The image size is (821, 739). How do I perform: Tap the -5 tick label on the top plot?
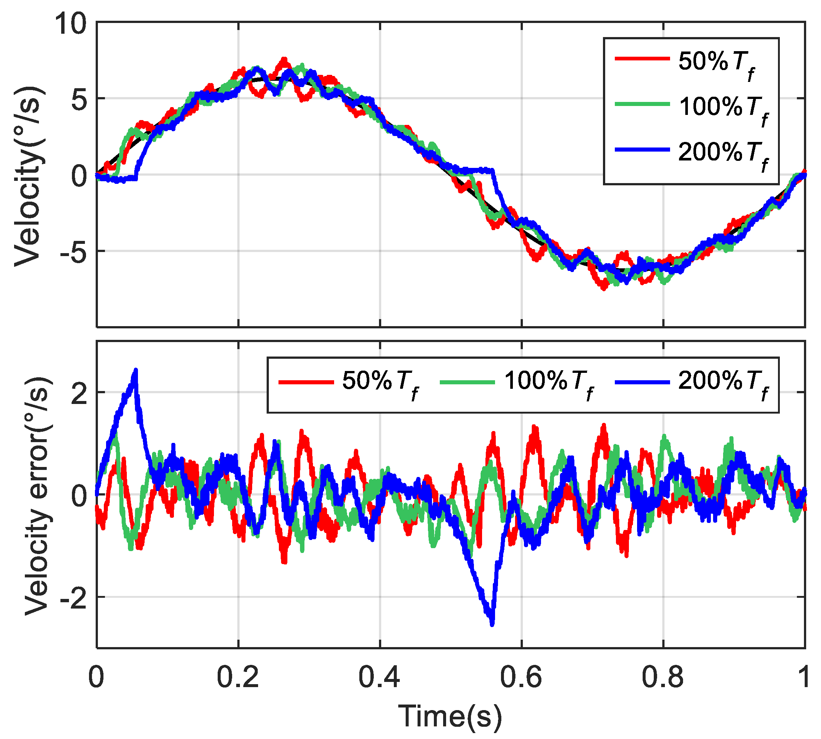click(73, 252)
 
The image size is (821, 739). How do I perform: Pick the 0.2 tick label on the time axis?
click(238, 677)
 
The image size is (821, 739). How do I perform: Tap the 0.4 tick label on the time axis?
click(379, 677)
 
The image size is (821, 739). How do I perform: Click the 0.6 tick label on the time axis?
click(521, 677)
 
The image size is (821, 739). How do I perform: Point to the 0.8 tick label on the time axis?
click(663, 677)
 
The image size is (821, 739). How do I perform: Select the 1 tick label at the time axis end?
click(804, 677)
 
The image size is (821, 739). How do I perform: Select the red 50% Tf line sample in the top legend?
click(642, 59)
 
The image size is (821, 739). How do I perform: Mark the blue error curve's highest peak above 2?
click(136, 370)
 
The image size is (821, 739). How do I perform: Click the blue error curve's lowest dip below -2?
click(492, 624)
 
